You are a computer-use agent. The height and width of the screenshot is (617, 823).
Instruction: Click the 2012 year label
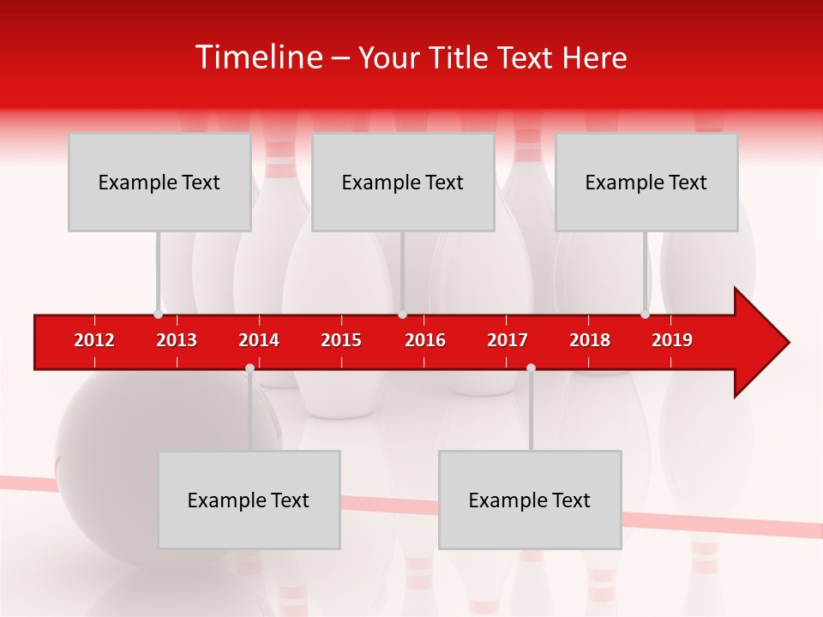94,340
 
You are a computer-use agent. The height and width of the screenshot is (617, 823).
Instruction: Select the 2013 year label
177,340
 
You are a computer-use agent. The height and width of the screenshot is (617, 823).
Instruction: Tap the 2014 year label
259,340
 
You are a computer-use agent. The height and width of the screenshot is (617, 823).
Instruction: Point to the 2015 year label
341,340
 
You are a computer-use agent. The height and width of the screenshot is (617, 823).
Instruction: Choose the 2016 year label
425,340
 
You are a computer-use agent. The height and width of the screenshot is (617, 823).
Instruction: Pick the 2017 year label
508,340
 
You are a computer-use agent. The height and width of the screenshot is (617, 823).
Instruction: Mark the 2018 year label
590,340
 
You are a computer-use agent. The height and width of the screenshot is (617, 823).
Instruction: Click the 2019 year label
672,340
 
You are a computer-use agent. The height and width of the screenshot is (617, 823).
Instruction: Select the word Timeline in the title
258,57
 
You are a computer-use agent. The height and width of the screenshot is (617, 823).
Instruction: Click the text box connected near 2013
159,182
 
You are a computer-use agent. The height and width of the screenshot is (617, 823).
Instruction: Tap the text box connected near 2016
403,182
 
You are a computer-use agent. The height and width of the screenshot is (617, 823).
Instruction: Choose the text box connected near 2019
646,182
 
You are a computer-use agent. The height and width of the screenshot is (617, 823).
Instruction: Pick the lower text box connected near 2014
249,500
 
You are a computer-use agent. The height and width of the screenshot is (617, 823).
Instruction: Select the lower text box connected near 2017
530,500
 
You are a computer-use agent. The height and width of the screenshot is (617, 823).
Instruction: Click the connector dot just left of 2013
158,314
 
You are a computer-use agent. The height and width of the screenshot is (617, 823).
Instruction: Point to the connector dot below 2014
249,368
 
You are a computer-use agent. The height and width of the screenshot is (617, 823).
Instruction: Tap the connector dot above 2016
402,314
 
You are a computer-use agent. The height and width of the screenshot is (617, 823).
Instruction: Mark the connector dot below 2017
531,368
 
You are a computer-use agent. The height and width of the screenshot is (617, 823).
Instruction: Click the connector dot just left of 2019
645,314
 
